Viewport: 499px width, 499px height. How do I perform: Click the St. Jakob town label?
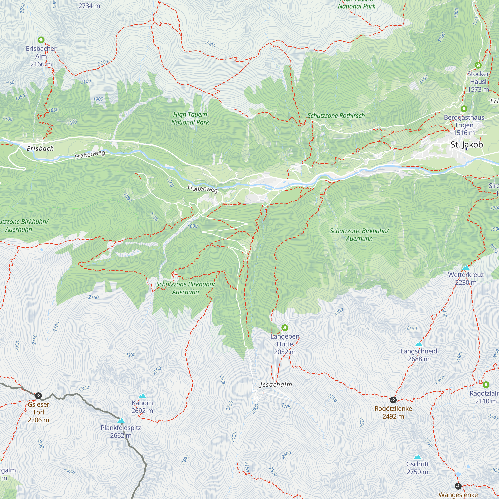[467, 145]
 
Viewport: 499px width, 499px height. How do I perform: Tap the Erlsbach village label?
[40, 148]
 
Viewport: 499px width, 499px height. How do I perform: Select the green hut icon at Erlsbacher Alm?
[41, 40]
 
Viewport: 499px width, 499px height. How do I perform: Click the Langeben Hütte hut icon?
[285, 328]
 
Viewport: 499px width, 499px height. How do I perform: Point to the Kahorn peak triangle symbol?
[142, 396]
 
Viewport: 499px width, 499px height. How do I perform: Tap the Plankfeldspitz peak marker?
[121, 420]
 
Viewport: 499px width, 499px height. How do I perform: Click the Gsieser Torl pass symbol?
[38, 396]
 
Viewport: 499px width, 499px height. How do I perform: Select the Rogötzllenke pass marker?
[393, 400]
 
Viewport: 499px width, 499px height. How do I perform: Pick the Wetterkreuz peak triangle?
[466, 267]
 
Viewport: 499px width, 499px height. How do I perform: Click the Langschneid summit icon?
[419, 344]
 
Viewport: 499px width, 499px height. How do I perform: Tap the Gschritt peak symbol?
[417, 457]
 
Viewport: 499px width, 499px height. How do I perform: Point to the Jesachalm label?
[276, 385]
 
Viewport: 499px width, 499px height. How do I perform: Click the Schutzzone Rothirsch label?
[336, 116]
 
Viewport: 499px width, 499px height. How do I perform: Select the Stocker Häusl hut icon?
[478, 65]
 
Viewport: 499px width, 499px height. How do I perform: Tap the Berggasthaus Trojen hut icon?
[464, 109]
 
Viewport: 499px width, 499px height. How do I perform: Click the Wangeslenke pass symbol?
[458, 486]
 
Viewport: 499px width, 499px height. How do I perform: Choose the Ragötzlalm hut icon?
[486, 385]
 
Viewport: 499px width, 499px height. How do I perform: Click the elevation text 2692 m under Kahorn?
[142, 411]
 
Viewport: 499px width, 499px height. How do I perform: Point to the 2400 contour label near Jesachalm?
[338, 312]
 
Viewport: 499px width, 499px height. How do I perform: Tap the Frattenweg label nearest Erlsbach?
[90, 155]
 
